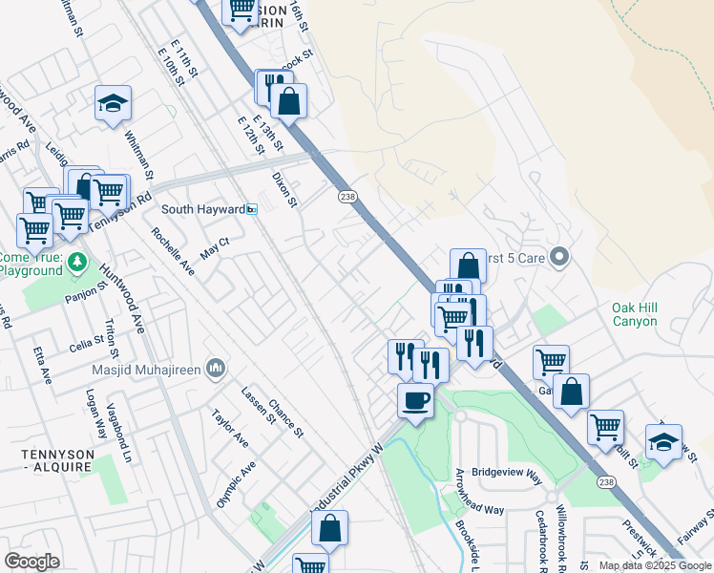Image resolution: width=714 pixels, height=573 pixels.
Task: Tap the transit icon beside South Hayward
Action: [x=252, y=209]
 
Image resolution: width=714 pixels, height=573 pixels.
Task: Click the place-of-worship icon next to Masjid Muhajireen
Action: [x=217, y=368]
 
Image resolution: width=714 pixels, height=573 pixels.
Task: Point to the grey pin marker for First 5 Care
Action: [x=560, y=256]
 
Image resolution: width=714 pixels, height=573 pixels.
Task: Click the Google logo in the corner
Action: [x=31, y=562]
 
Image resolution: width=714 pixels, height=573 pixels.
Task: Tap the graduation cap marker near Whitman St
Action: [x=113, y=103]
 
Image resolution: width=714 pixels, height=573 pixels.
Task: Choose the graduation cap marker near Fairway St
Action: [x=663, y=441]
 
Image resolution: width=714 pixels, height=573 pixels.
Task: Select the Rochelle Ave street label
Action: [x=173, y=252]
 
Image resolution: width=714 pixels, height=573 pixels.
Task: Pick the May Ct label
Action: [x=215, y=249]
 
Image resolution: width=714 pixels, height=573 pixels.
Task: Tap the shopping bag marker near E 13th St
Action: [x=288, y=99]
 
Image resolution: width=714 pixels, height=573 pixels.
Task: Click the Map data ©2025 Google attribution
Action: [x=655, y=565]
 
